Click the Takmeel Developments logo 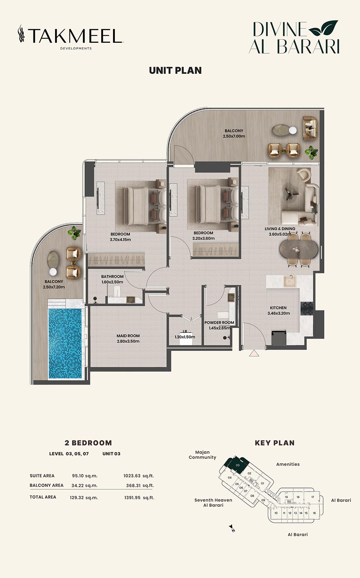pos(71,37)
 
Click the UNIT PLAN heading pos(175,71)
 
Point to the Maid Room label pos(128,338)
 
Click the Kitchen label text pos(279,310)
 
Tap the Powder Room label pos(219,325)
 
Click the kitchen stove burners pos(307,308)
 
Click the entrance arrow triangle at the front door pos(254,353)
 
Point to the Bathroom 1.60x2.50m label pos(112,279)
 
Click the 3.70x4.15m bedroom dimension pos(120,239)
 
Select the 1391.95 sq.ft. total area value pos(139,498)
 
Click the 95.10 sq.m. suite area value pos(85,476)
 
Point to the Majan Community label pos(202,455)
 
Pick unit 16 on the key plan pos(314,513)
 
